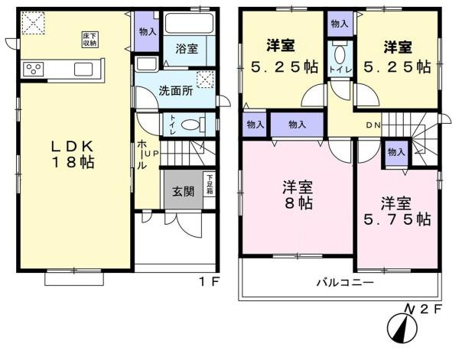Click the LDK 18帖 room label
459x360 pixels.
tap(73, 154)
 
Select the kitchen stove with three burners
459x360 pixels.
tap(34, 69)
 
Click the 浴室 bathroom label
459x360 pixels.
tap(187, 49)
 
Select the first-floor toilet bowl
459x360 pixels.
tap(191, 124)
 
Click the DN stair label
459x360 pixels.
tap(372, 126)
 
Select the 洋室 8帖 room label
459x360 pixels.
tap(298, 194)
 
